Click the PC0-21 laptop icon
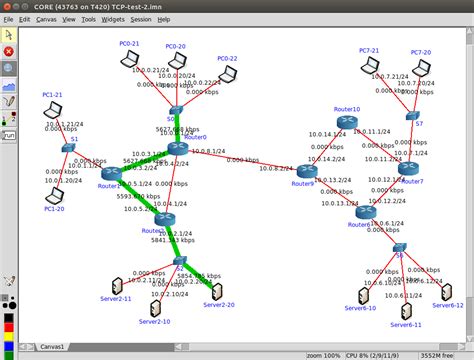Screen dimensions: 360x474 [129, 60]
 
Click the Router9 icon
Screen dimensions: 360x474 [307, 171]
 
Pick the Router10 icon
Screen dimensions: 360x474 [346, 121]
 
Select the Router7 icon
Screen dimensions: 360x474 [409, 169]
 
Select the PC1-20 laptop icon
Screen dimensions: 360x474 [54, 195]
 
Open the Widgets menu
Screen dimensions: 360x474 [114, 19]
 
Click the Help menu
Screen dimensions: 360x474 [164, 19]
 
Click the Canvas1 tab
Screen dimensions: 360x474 [52, 347]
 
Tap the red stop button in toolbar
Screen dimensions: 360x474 [9, 51]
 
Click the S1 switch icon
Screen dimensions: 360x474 [67, 148]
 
